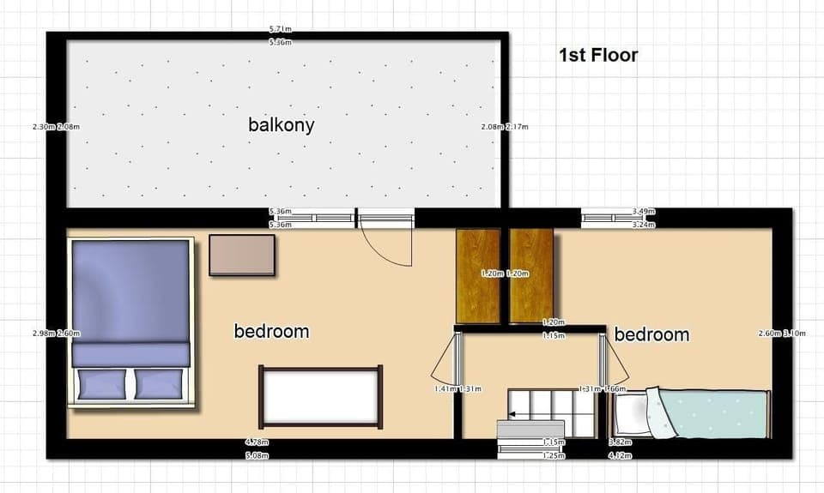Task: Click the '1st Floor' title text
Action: (x=598, y=56)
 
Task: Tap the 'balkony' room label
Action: (x=281, y=125)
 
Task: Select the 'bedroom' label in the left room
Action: (x=271, y=331)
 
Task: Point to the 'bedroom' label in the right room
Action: (x=651, y=334)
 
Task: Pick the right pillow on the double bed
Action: (x=160, y=383)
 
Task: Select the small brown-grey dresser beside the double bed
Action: (x=243, y=256)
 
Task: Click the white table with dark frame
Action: (x=321, y=396)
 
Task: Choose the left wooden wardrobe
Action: (x=478, y=276)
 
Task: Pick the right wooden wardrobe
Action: (x=531, y=276)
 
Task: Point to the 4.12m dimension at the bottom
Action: (x=620, y=455)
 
